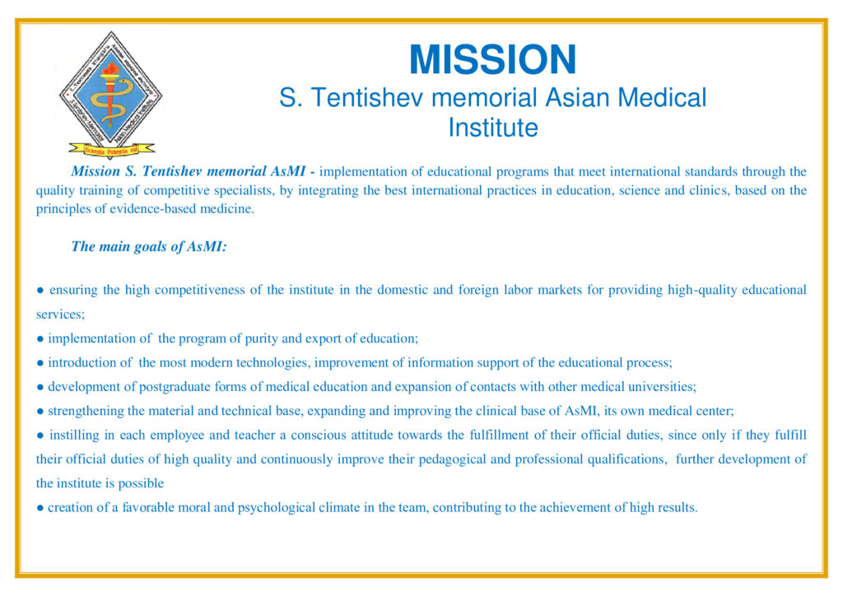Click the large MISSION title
(492, 59)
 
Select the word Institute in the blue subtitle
(493, 128)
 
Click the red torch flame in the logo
(111, 69)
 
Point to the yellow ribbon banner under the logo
(111, 150)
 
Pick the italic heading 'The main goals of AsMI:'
(149, 247)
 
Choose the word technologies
(272, 363)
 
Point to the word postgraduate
(175, 387)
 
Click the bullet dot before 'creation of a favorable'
(40, 509)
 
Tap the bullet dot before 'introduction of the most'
(40, 363)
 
